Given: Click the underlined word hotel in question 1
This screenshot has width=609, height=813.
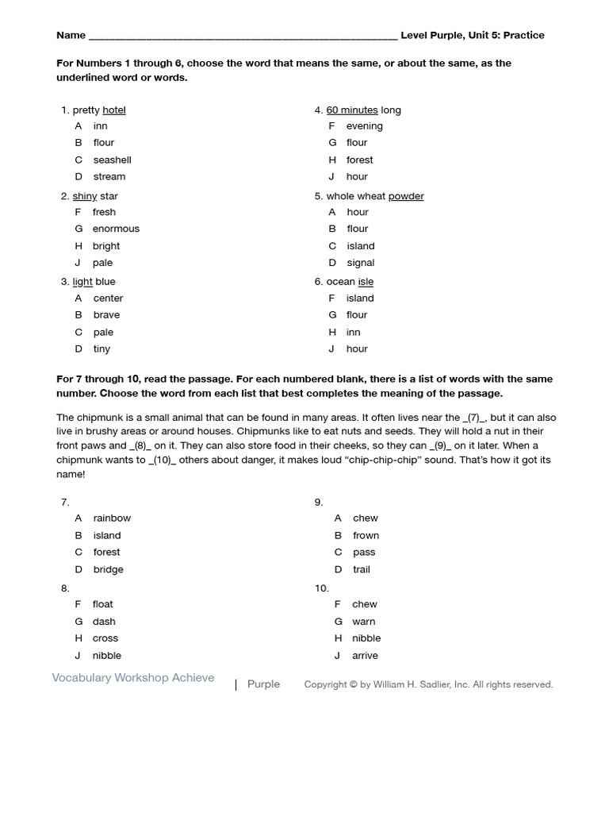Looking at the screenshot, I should click(x=114, y=110).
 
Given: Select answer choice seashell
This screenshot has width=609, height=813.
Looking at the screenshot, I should click(x=112, y=160).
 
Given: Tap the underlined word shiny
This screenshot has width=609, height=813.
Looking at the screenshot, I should click(x=85, y=196).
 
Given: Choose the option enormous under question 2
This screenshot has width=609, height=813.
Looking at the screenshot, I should click(x=116, y=229).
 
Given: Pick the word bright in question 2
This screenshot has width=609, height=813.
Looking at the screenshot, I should click(x=106, y=246).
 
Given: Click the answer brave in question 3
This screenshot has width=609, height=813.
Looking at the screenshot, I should click(x=106, y=315).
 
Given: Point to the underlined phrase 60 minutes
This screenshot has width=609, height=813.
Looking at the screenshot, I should click(x=352, y=110).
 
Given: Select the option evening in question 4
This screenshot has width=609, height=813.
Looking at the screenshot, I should click(x=364, y=126).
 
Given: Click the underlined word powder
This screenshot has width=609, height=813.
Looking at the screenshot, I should click(x=406, y=196).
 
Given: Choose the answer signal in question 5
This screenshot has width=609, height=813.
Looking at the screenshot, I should click(x=360, y=263).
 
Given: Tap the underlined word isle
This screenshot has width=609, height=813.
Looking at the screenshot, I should click(x=366, y=282).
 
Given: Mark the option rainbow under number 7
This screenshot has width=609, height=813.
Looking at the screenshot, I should click(x=112, y=518).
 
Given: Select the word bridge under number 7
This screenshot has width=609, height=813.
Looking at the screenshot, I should click(x=109, y=569).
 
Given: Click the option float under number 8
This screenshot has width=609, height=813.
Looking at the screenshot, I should click(x=103, y=604).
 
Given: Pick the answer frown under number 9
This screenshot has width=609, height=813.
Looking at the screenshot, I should click(x=366, y=536).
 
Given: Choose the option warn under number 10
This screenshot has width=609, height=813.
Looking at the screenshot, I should click(x=364, y=622).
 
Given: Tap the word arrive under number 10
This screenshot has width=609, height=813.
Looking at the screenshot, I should click(x=365, y=656).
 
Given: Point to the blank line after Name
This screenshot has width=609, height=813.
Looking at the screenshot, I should click(x=243, y=36).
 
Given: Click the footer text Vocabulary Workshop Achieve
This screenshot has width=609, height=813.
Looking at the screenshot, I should click(x=133, y=678).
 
